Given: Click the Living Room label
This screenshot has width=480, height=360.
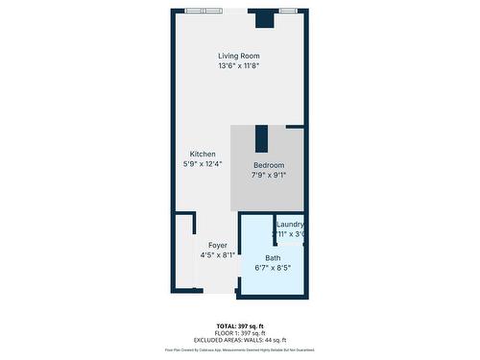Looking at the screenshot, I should (x=239, y=57).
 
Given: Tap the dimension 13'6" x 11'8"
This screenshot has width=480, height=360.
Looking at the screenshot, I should (x=239, y=66).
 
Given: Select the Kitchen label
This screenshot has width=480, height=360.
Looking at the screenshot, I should (x=203, y=155).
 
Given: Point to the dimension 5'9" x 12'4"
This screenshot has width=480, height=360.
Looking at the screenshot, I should (x=203, y=164).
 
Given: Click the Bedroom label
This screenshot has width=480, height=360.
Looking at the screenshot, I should (x=269, y=165).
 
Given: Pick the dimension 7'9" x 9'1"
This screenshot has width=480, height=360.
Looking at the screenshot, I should (x=269, y=175).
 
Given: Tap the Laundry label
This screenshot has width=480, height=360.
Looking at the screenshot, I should (x=290, y=225).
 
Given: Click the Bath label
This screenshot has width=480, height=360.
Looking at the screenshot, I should (x=273, y=258).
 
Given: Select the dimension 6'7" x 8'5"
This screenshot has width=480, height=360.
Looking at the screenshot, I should (x=273, y=268).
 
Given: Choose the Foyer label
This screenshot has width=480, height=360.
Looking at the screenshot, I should (x=217, y=246).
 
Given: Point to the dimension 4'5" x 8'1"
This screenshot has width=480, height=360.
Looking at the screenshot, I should (x=217, y=255).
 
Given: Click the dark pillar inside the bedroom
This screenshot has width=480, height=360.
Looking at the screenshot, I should (x=261, y=139).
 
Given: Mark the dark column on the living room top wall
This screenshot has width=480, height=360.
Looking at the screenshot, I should (x=263, y=18).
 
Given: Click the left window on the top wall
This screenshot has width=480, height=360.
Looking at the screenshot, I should (x=206, y=11).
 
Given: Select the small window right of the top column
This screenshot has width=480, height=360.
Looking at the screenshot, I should (x=289, y=11).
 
